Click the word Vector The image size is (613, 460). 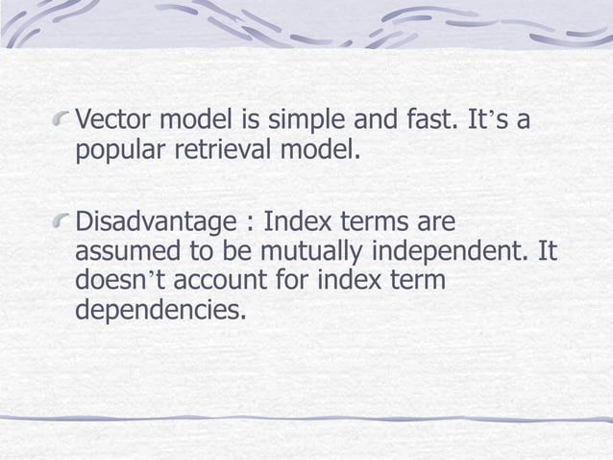click(111, 122)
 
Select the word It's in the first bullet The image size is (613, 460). click(503, 122)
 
